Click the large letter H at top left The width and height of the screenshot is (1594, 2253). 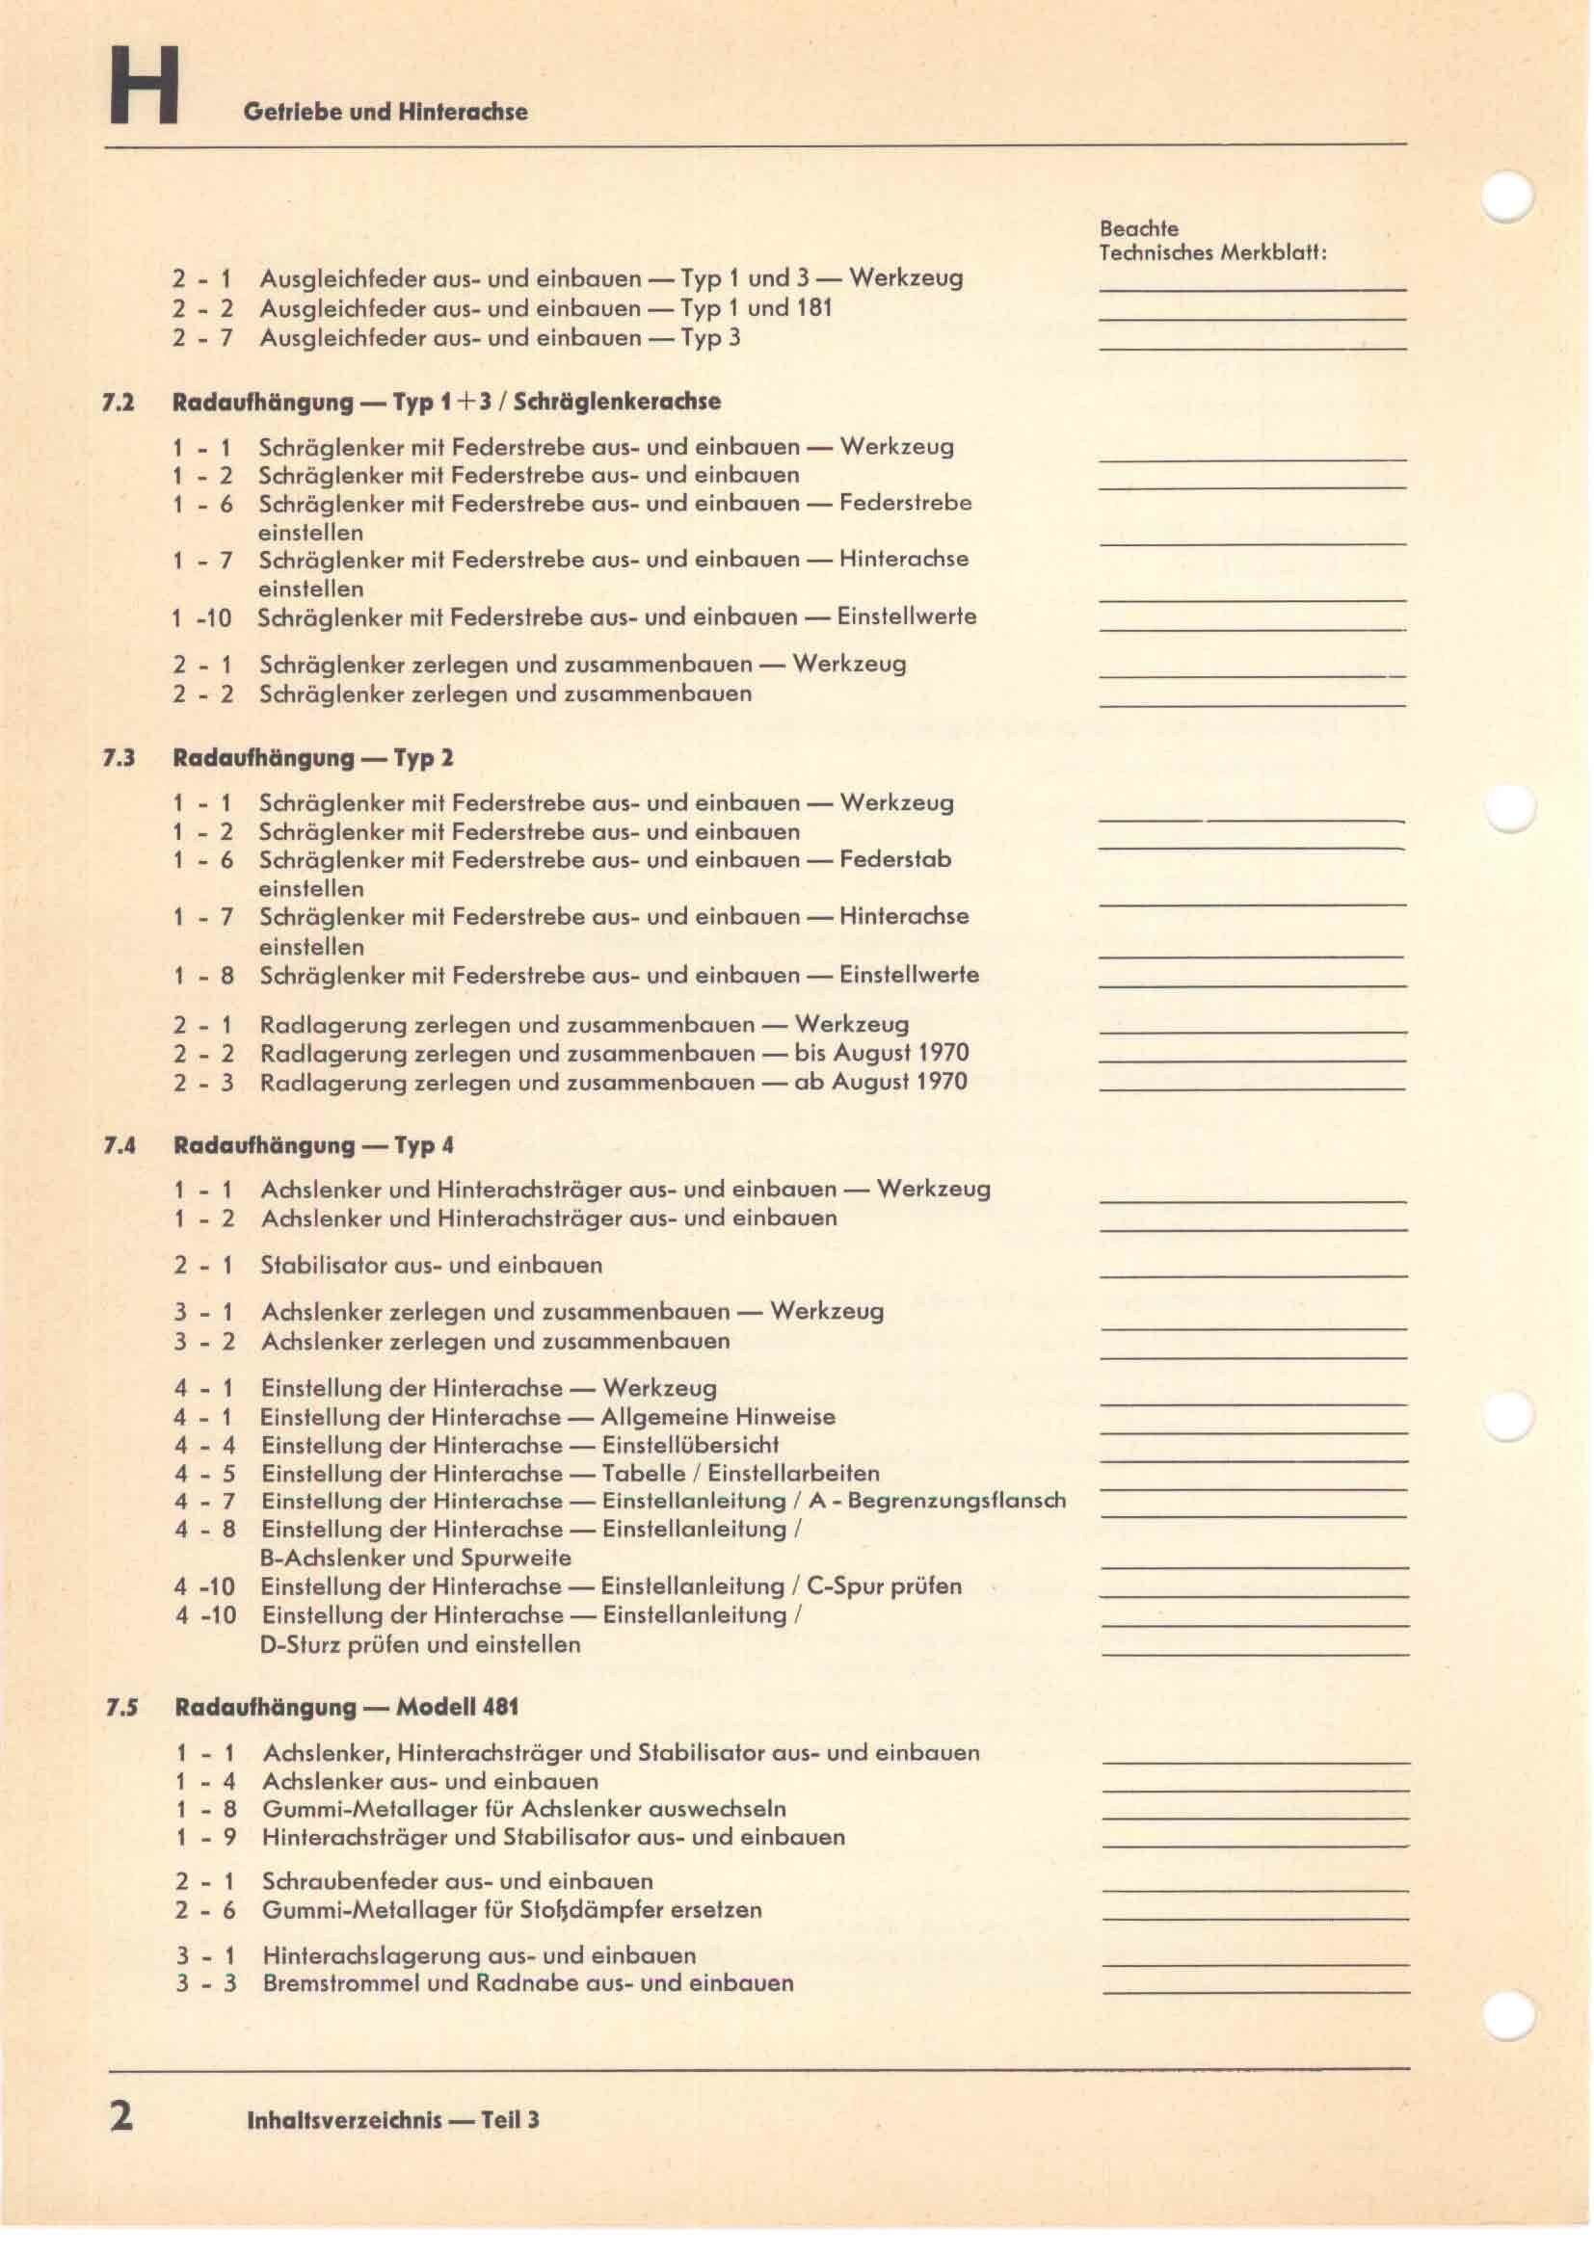[145, 89]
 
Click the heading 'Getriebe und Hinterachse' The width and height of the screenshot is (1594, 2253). [385, 112]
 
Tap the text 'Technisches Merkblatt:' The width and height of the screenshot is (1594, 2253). [1212, 253]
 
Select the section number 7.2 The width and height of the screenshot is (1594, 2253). [119, 403]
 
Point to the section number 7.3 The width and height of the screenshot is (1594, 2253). [119, 758]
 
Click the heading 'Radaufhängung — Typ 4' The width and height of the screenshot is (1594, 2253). [313, 1145]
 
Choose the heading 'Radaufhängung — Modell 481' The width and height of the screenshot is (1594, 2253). [347, 1707]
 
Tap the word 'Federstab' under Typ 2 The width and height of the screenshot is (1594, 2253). [895, 859]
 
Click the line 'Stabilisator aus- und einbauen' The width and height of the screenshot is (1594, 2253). [431, 1265]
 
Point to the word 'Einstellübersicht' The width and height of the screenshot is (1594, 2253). [690, 1445]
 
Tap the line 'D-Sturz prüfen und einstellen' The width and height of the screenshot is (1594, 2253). [420, 1643]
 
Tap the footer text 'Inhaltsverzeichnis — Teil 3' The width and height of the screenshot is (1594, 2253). [393, 2119]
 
